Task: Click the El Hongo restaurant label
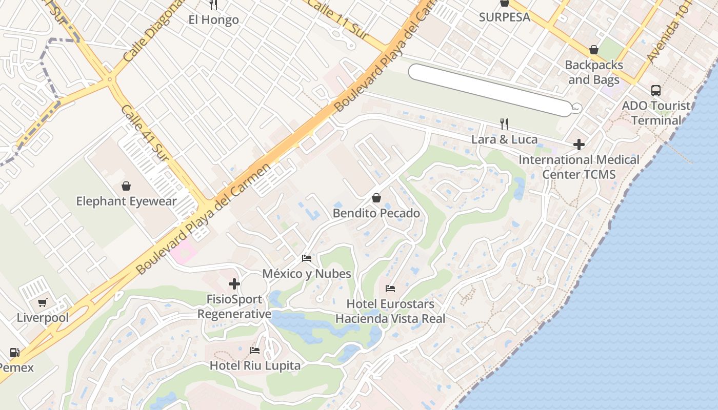click(x=213, y=20)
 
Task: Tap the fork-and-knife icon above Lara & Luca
click(x=504, y=124)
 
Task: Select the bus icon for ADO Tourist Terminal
click(x=655, y=91)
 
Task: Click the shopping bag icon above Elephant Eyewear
click(x=126, y=186)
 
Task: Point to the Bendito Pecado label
click(x=376, y=213)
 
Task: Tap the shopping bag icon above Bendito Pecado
click(x=376, y=198)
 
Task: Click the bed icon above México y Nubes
click(x=307, y=258)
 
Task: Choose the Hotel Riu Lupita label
click(x=255, y=366)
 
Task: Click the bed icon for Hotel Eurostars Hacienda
click(x=390, y=289)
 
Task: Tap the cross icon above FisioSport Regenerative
click(x=234, y=283)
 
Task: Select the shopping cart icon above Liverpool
click(x=43, y=302)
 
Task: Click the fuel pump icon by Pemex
click(x=15, y=353)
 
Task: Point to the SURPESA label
click(x=504, y=17)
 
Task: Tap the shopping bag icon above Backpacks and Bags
click(x=593, y=50)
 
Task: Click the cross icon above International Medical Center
click(x=579, y=145)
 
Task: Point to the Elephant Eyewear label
click(x=126, y=201)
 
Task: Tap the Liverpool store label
click(x=43, y=318)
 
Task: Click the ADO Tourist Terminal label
click(x=656, y=113)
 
